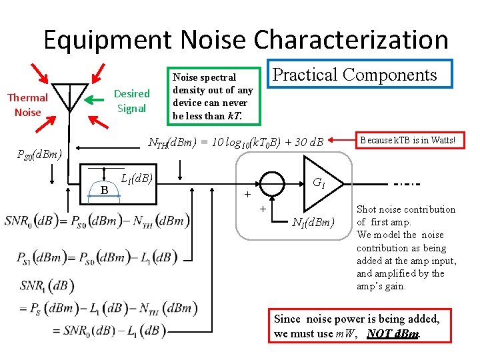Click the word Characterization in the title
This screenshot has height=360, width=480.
351,40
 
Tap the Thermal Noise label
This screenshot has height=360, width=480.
27,105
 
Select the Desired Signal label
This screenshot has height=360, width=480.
131,100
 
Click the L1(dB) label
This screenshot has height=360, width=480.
137,178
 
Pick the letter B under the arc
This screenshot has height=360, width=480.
104,190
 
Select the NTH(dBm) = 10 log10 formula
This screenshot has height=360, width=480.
235,141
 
